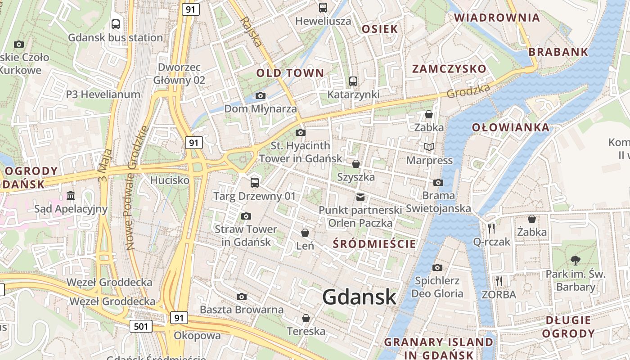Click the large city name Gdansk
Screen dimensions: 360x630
pyautogui.click(x=359, y=297)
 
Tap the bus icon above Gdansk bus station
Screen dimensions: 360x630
pyautogui.click(x=116, y=24)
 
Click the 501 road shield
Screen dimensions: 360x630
pyautogui.click(x=140, y=326)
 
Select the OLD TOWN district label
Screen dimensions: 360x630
pyautogui.click(x=290, y=73)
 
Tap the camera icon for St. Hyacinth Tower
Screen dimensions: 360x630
pyautogui.click(x=301, y=132)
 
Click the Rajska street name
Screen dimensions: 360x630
pyautogui.click(x=251, y=32)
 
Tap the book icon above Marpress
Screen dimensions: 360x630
pyautogui.click(x=429, y=147)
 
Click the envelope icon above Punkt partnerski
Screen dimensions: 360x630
pyautogui.click(x=360, y=197)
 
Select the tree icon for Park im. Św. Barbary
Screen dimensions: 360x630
pyautogui.click(x=575, y=260)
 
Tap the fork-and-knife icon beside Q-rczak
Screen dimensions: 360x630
pyautogui.click(x=491, y=228)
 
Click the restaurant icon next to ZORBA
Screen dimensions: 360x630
pyautogui.click(x=499, y=281)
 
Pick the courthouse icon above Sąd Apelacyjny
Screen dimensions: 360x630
pyautogui.click(x=71, y=195)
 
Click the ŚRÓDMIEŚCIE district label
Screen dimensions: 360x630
pyautogui.click(x=374, y=244)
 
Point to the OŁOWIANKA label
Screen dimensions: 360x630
pyautogui.click(x=510, y=127)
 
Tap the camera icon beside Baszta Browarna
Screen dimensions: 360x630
pyautogui.click(x=242, y=297)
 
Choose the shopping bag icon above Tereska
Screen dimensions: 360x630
pyautogui.click(x=306, y=318)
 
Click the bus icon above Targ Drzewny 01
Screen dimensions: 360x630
pyautogui.click(x=255, y=182)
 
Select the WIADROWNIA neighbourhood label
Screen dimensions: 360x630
pyautogui.click(x=497, y=18)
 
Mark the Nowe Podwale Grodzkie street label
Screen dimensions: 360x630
pyautogui.click(x=137, y=188)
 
